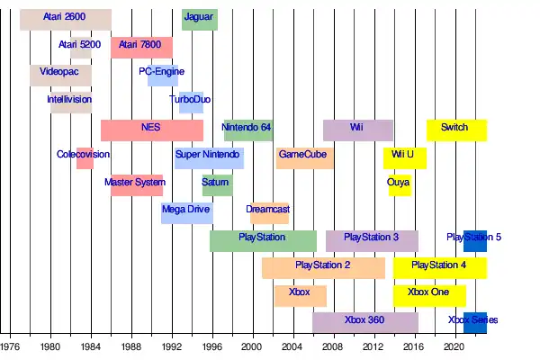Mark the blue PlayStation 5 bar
click(x=475, y=240)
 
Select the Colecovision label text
click(x=83, y=155)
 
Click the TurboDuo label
click(x=190, y=99)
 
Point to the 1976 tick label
click(x=10, y=346)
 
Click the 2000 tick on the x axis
click(x=251, y=346)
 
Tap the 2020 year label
click(x=453, y=346)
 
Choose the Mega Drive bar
click(x=187, y=213)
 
